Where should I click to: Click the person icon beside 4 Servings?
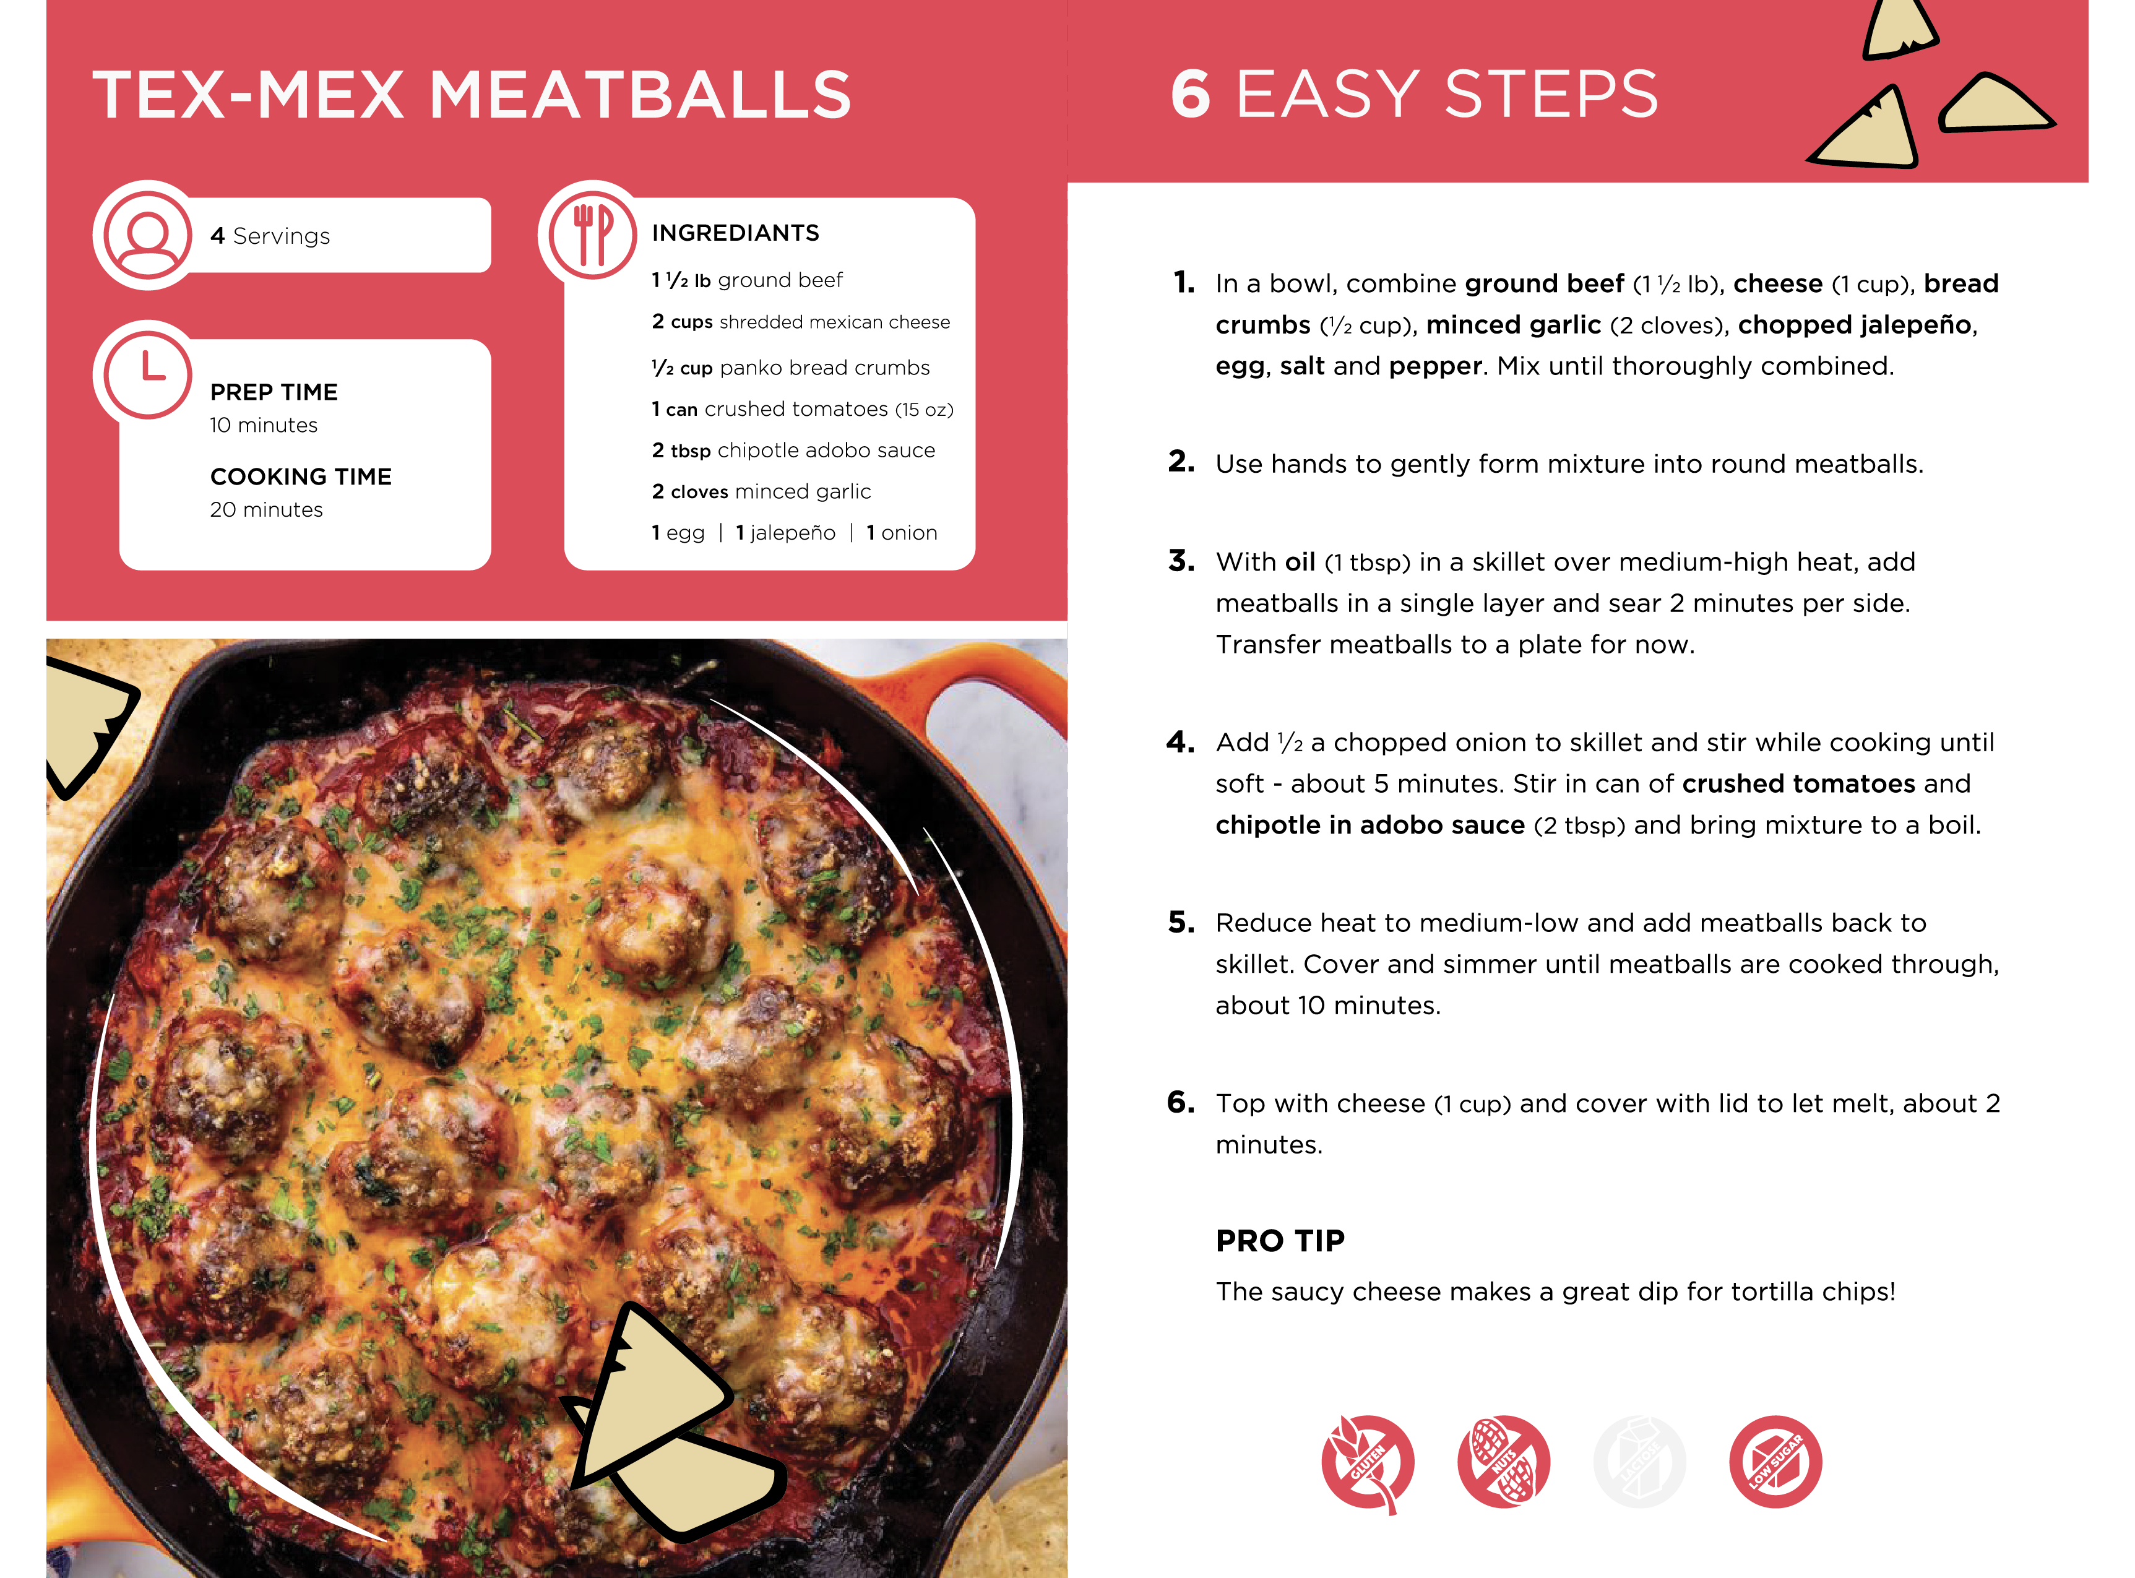coord(148,235)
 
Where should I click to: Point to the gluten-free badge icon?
coord(1367,1462)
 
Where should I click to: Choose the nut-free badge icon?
coord(1504,1462)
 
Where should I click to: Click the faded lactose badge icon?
coord(1639,1462)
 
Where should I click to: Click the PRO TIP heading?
coord(1280,1241)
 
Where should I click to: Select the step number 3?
coord(1181,561)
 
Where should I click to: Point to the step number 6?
coord(1181,1102)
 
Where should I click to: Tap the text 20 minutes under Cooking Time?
coord(267,510)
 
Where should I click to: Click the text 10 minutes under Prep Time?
coord(264,425)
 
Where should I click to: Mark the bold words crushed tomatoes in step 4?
coord(1799,784)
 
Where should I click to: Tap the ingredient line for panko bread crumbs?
coord(791,368)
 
